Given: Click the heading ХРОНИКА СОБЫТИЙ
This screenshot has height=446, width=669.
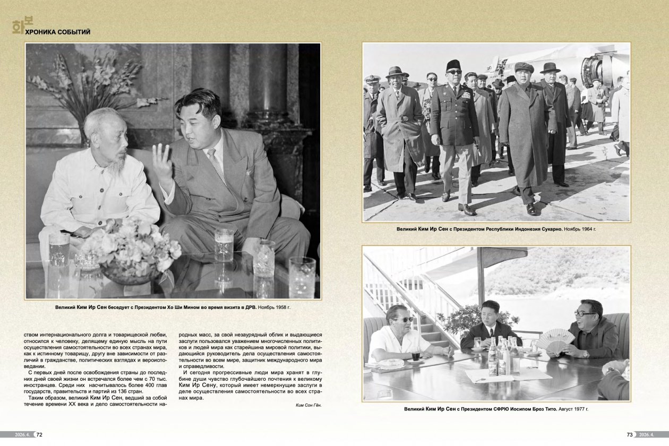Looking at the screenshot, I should coord(57,32).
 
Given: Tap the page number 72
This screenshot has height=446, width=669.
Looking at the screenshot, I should coord(39,434).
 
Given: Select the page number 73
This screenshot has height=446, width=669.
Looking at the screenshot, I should coord(630,434).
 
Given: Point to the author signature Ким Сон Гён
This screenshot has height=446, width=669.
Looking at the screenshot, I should coord(308,405).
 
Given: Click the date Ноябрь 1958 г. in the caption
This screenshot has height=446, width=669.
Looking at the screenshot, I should coord(275,307).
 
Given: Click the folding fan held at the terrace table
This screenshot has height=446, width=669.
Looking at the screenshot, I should coord(556,339).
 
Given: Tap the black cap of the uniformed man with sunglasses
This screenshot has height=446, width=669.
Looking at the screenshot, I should coord(453,64).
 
